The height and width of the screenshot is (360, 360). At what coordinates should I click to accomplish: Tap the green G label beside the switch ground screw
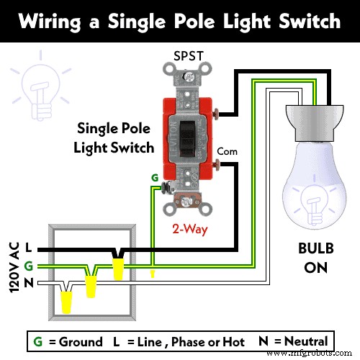coord(153,177)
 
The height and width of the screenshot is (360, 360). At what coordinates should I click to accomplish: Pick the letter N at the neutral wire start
coord(27,283)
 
